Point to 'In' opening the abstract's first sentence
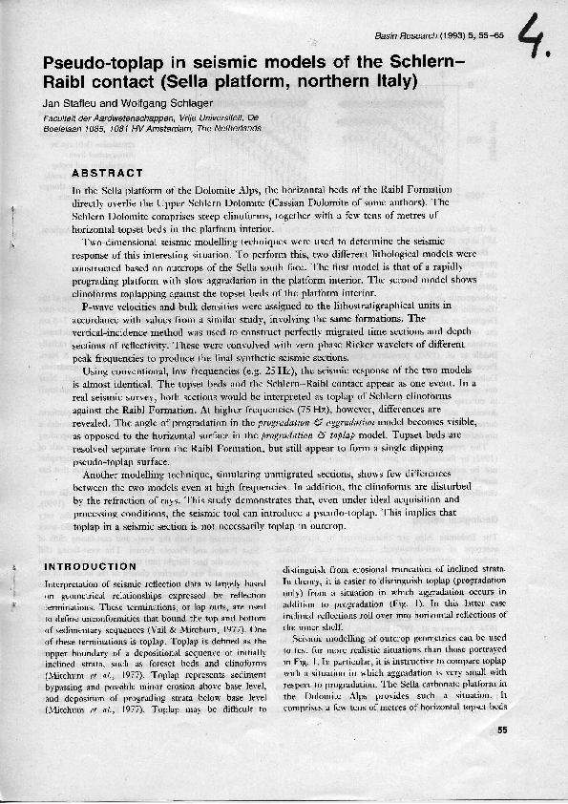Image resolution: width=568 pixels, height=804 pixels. (x=77, y=191)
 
